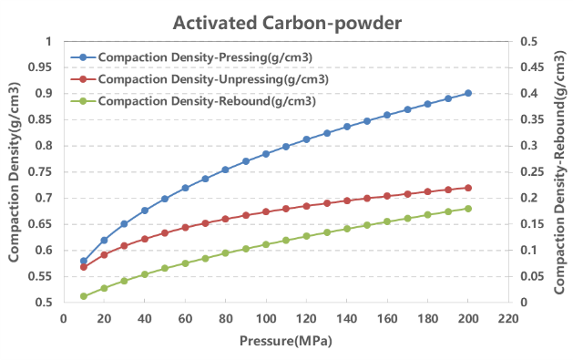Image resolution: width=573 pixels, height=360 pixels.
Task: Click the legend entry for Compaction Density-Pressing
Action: point(205,57)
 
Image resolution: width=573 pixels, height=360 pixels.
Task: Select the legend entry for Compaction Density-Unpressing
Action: point(212,79)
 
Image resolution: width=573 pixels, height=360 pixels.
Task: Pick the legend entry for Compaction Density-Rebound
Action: point(206,100)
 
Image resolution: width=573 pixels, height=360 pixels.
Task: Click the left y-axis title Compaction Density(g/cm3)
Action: point(15,171)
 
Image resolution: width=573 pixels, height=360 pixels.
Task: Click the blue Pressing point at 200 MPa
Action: point(468,93)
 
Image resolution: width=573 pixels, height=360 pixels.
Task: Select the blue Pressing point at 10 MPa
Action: point(84,261)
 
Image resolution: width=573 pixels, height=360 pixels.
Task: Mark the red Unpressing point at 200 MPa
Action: point(468,188)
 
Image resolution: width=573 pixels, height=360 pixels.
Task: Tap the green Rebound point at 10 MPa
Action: point(84,296)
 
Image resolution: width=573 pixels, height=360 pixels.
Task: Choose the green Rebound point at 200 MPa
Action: point(468,209)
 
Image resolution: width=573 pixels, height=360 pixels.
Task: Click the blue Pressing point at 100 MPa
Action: point(266,154)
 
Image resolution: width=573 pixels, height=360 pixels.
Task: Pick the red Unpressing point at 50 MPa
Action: point(165,232)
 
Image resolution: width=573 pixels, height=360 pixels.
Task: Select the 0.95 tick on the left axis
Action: point(41,67)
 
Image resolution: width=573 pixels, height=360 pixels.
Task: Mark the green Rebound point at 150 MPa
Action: point(367,224)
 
